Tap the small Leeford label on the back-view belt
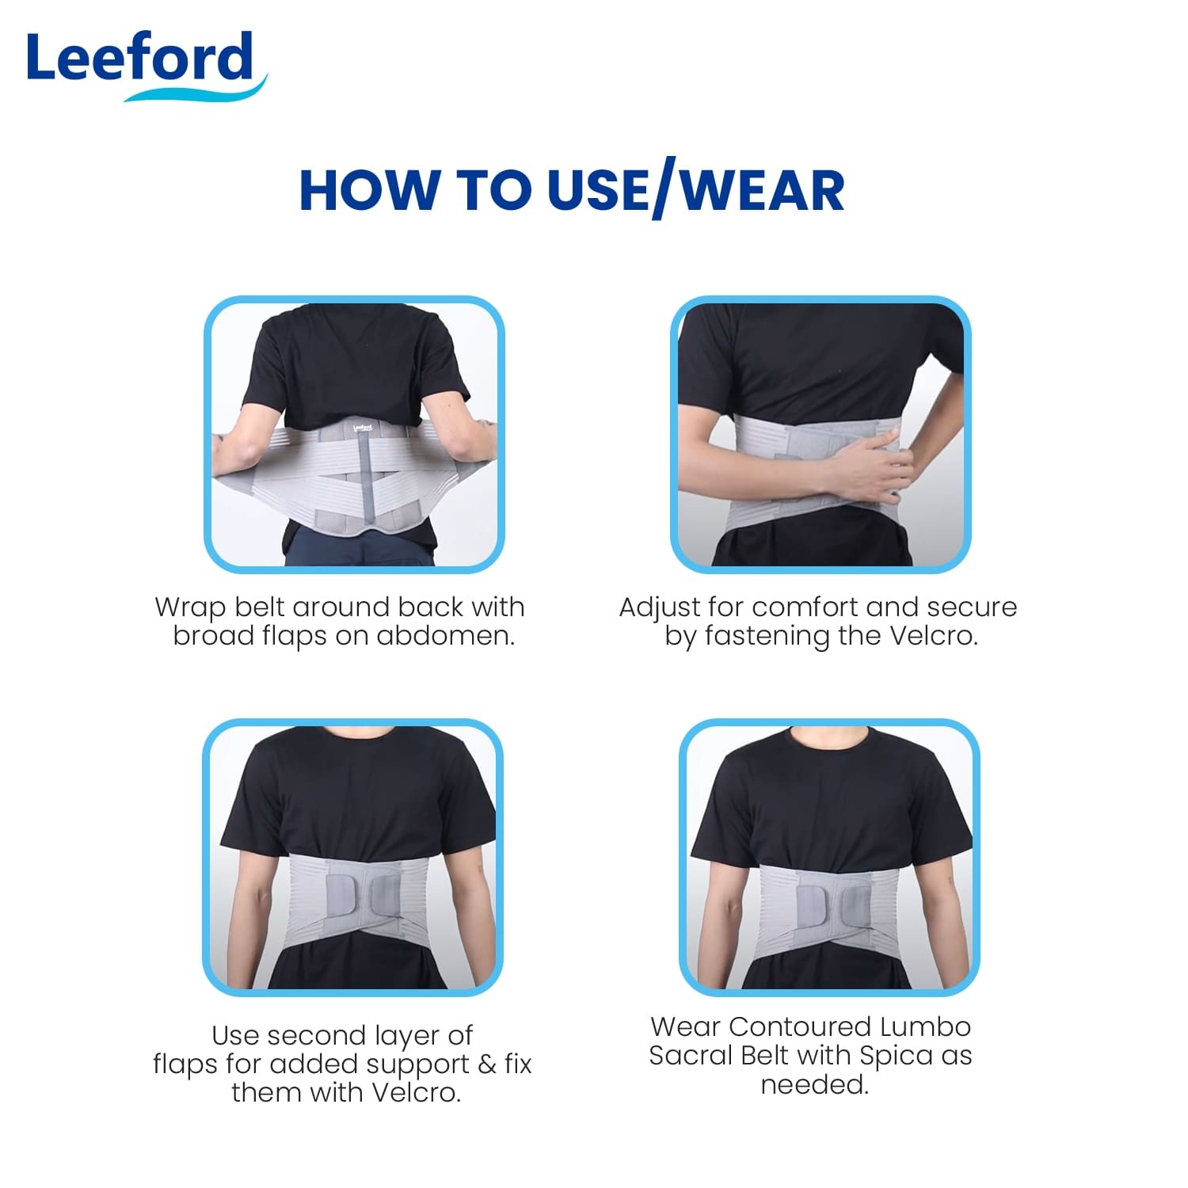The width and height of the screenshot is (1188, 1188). pos(363,428)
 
